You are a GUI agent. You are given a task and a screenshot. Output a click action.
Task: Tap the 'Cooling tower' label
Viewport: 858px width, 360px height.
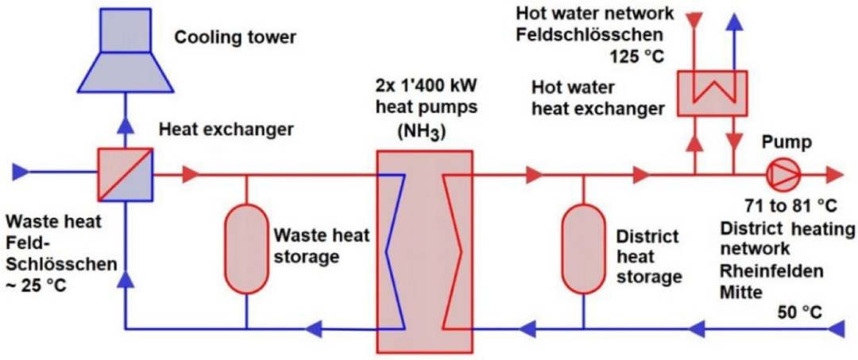coord(224,37)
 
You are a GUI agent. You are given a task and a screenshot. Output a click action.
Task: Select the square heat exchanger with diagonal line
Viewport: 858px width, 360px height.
coord(124,172)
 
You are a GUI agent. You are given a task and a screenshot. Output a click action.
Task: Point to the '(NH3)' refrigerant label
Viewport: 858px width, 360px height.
coord(424,131)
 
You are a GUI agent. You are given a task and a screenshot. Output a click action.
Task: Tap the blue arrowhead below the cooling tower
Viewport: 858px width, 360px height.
coord(125,123)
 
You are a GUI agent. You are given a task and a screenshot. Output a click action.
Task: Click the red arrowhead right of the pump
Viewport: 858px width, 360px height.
coord(833,172)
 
